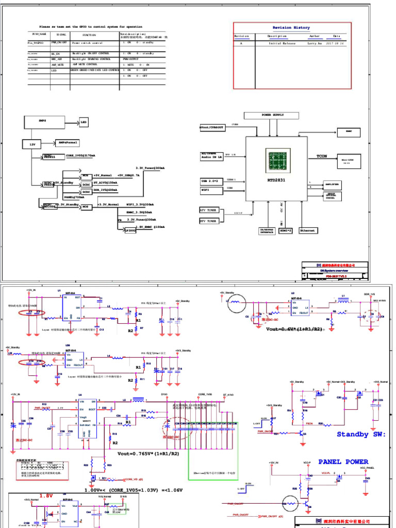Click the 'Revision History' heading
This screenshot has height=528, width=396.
[291, 28]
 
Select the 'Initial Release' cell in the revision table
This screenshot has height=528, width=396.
[282, 44]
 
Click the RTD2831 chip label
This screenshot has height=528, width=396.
[276, 180]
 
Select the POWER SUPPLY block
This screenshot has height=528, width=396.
[272, 115]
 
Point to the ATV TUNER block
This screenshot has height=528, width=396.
[209, 210]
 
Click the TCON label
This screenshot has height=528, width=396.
[322, 156]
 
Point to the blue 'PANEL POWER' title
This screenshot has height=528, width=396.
[343, 462]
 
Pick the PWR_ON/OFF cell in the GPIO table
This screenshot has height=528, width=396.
[59, 43]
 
